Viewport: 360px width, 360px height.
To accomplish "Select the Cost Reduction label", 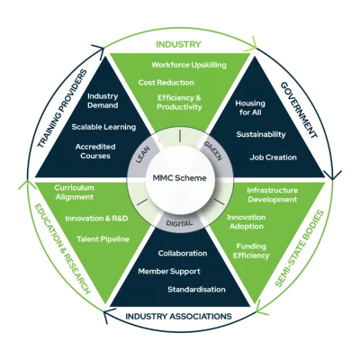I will (x=166, y=83).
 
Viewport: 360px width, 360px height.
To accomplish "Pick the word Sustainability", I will (x=260, y=135).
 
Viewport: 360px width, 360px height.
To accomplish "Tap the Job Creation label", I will (x=274, y=157).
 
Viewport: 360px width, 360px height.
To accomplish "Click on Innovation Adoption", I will (x=246, y=222).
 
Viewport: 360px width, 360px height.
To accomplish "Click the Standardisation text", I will (x=196, y=290).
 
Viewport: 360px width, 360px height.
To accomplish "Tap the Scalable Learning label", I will (x=103, y=127).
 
